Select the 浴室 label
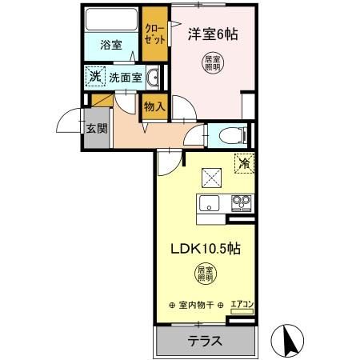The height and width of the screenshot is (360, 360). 111,46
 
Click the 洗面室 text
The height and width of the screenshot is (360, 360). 126,78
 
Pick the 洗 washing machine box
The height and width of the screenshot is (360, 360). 94,78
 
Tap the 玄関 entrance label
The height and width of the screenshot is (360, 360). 96,130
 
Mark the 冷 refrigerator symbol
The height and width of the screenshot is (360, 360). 243,162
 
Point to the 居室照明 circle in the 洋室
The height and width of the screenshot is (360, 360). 213,64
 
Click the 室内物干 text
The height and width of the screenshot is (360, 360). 197,305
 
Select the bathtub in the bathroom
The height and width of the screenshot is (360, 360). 111,19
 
